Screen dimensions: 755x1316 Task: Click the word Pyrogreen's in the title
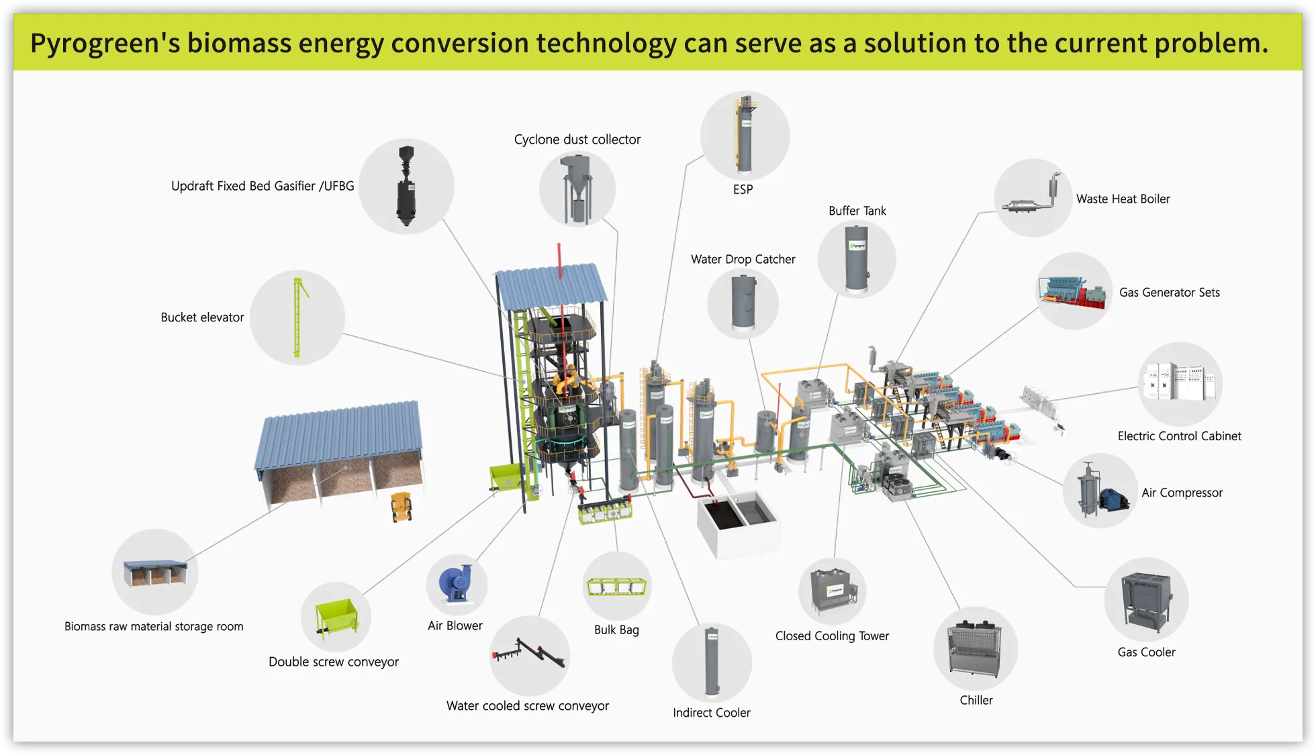coord(105,44)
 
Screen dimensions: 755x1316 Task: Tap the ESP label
coord(743,190)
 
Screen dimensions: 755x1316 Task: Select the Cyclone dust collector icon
coord(577,189)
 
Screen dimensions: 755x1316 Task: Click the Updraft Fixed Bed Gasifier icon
coord(406,186)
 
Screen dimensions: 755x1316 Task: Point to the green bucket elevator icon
coord(297,317)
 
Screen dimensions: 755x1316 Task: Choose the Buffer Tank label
coord(857,211)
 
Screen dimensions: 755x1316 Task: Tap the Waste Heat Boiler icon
coord(1033,197)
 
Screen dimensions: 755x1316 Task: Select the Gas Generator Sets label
coord(1169,293)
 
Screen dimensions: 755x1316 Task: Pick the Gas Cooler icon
coord(1146,600)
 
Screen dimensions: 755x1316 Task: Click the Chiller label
coord(976,700)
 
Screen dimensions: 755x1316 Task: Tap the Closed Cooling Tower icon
coord(833,591)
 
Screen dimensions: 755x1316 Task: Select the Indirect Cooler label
coord(712,713)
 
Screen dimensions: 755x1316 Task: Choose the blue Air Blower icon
coord(456,583)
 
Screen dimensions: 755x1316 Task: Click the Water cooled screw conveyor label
coord(527,706)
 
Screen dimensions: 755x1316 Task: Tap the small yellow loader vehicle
coord(402,507)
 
